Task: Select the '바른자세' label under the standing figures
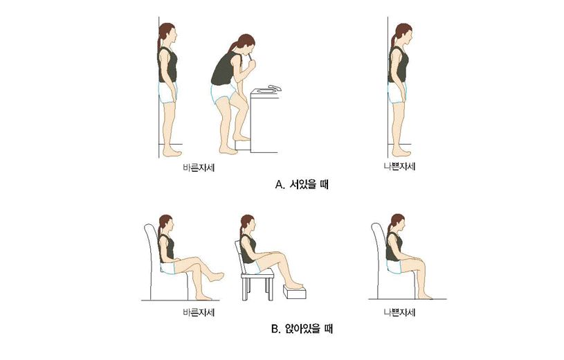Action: (196, 166)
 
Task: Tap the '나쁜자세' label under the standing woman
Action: (400, 166)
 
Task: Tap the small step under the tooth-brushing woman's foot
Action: (242, 143)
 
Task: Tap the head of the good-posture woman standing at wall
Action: (167, 33)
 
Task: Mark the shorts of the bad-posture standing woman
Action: (398, 92)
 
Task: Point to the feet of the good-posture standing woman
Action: (172, 152)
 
